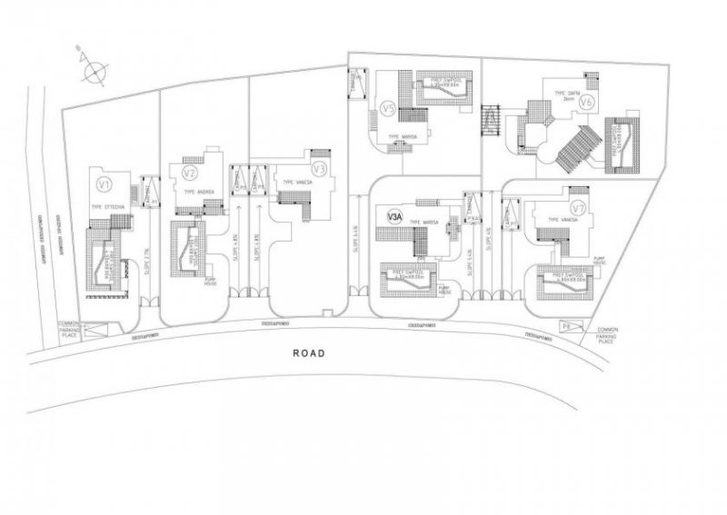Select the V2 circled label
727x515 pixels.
pos(190,173)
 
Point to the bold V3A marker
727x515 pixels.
pos(394,216)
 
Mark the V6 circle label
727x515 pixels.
pos(586,101)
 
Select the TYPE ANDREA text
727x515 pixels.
pos(199,193)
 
